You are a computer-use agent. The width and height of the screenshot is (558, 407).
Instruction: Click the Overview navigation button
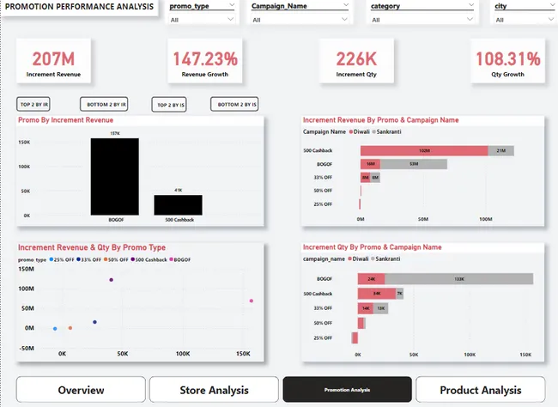coord(81,390)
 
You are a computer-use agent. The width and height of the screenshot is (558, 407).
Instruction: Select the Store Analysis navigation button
coord(214,390)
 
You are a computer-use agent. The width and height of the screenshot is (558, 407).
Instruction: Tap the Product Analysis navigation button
coord(480,390)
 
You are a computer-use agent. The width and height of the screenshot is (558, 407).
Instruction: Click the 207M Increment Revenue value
coord(53,59)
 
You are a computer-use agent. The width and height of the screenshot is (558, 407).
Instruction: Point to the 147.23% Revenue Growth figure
coord(204,59)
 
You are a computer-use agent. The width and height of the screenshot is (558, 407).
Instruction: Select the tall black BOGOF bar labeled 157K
coord(114,176)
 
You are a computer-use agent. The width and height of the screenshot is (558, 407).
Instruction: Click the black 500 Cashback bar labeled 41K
coord(179,204)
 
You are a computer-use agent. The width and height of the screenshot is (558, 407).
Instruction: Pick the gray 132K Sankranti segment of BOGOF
coord(459,279)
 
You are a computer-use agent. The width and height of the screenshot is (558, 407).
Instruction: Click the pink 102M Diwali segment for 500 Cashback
coord(424,150)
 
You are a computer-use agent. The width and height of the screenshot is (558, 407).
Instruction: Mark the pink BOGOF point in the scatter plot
coord(251,301)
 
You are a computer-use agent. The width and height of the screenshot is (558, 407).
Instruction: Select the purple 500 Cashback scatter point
coord(111,280)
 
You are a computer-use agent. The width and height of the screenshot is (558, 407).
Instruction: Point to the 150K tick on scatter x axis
coord(243,354)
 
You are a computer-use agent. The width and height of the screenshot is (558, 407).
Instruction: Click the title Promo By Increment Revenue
coord(65,120)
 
